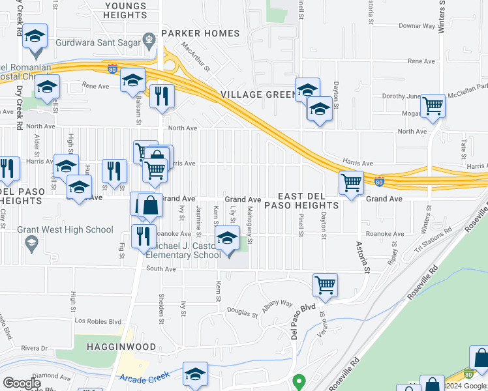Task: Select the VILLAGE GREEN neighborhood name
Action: [x=258, y=94]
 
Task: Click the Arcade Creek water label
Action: [x=145, y=377]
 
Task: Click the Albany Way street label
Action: [x=278, y=304]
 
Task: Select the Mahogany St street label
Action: [x=249, y=225]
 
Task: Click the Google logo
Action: [x=22, y=383]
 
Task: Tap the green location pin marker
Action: [x=299, y=381]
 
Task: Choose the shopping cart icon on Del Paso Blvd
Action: [x=325, y=283]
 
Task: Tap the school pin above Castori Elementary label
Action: [x=227, y=239]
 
